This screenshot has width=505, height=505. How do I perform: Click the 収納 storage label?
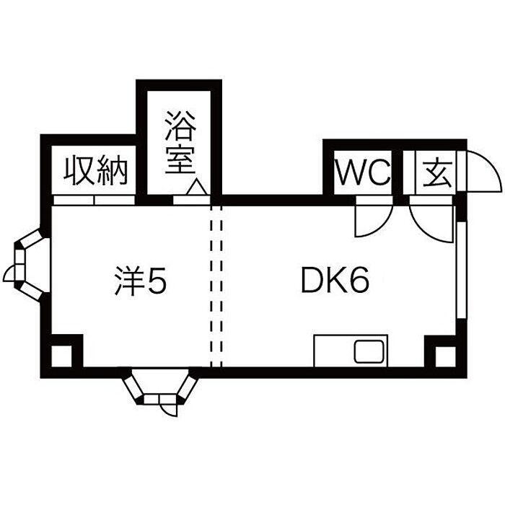[96, 170]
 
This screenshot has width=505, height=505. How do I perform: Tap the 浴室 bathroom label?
[180, 142]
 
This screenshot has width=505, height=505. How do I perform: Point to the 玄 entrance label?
[437, 174]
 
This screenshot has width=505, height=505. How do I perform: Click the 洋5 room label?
[141, 281]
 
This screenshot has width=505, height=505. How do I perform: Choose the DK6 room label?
[335, 280]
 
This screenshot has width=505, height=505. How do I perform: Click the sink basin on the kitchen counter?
[369, 351]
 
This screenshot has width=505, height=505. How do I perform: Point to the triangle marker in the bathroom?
[196, 187]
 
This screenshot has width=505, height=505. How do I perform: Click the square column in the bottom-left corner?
[61, 356]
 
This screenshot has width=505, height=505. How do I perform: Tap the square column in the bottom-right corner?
[446, 356]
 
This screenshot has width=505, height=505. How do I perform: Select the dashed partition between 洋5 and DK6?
[216, 286]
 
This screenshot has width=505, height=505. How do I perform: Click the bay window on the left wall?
[29, 265]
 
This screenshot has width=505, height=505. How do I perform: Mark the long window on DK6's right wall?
[462, 270]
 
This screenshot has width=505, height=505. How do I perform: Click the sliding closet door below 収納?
[94, 200]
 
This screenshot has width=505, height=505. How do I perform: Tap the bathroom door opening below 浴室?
[192, 200]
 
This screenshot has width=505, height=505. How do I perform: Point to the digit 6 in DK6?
[359, 280]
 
